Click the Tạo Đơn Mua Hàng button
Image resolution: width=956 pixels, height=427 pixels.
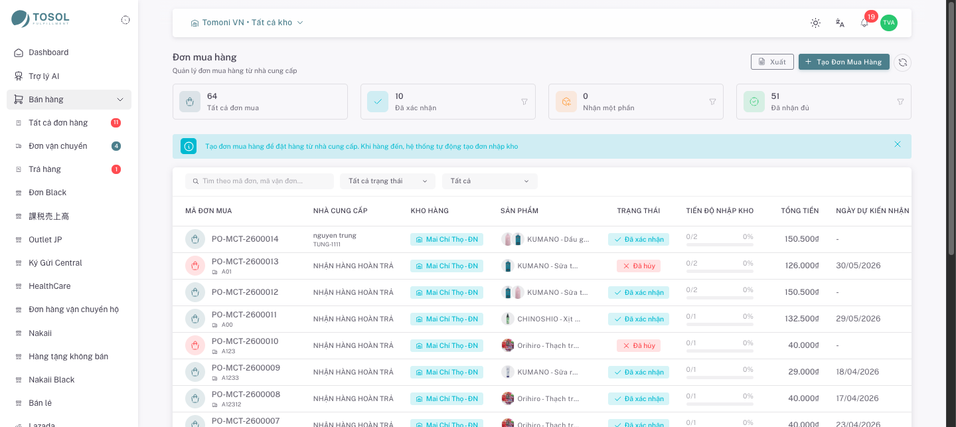click(844, 62)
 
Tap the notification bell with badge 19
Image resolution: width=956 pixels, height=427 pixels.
click(864, 23)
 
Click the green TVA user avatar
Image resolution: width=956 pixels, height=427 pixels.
click(888, 23)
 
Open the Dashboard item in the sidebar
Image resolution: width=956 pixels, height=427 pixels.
click(48, 52)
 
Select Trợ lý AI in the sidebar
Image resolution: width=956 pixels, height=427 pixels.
click(44, 76)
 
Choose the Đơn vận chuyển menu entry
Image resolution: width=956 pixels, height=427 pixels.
click(58, 146)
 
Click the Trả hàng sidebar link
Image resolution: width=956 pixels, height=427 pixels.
click(44, 169)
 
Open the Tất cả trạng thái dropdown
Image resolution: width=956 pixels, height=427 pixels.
click(388, 181)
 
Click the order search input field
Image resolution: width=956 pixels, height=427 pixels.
click(260, 181)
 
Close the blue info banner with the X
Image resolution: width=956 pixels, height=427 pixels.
click(898, 144)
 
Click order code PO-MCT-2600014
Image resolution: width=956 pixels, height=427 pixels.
click(245, 239)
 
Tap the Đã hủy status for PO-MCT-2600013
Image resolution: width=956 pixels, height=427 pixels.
click(639, 266)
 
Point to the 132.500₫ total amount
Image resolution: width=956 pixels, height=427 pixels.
click(801, 319)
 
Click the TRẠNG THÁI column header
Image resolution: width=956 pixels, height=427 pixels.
click(639, 211)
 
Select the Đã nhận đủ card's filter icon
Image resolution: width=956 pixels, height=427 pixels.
click(900, 102)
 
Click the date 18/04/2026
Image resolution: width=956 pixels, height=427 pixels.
click(858, 371)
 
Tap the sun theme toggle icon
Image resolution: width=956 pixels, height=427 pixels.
click(815, 23)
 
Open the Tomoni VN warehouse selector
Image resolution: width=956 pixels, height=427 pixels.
click(247, 23)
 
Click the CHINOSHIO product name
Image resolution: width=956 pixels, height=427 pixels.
click(548, 319)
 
